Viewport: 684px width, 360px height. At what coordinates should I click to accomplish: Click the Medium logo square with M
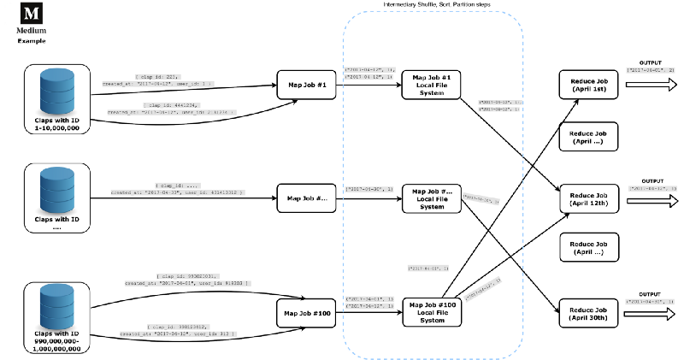coord(32,14)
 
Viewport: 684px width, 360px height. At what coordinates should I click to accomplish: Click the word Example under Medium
coord(32,41)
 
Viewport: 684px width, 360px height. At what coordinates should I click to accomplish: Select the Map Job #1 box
coord(303,85)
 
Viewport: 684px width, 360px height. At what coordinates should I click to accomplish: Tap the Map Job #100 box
coord(303,313)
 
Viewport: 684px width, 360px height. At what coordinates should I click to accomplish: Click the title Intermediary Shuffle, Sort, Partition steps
coord(432,6)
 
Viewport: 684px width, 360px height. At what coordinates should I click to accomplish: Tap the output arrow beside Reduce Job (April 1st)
coord(652,85)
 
